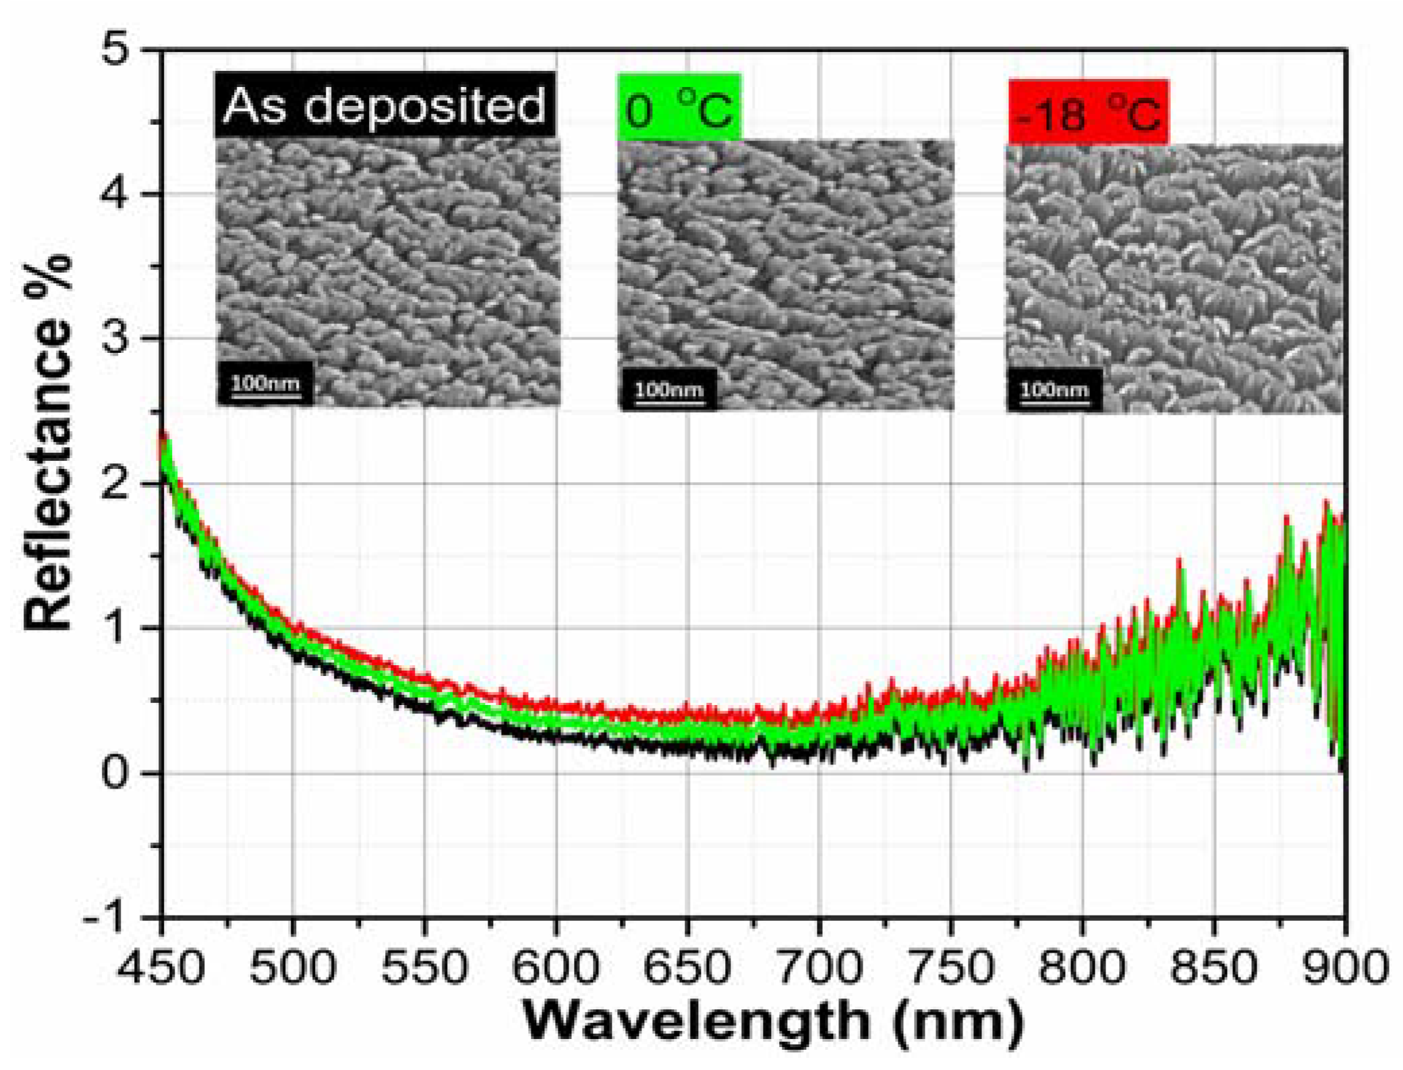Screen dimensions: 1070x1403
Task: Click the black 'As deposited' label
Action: tap(384, 105)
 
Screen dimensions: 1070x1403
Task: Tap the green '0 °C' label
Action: tap(679, 108)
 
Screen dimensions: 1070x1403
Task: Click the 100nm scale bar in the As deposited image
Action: tap(265, 385)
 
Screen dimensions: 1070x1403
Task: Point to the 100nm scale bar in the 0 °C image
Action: tap(668, 390)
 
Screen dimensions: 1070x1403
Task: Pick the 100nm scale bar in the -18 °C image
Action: tap(1054, 390)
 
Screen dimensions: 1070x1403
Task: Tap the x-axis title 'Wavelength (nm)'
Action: tap(772, 1021)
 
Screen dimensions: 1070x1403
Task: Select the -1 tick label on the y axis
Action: tap(105, 918)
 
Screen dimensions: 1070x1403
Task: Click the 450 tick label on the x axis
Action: tap(161, 966)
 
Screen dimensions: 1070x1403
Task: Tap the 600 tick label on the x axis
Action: tap(555, 966)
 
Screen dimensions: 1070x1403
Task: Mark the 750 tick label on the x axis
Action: tap(950, 966)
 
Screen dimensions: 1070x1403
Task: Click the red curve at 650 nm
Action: tap(687, 712)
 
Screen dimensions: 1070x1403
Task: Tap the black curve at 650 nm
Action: tap(687, 748)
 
